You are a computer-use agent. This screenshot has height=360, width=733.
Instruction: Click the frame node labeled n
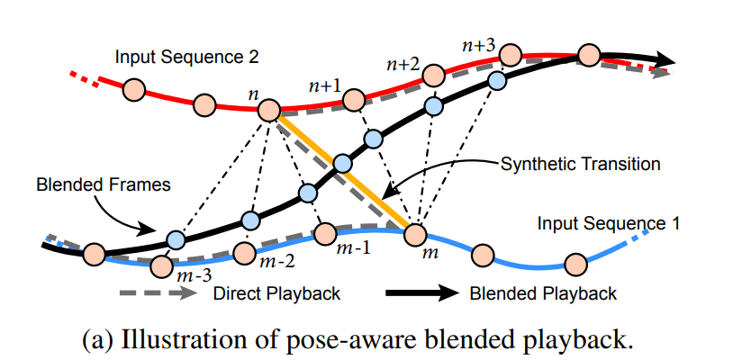pyautogui.click(x=269, y=111)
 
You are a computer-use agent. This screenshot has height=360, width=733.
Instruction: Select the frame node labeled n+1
pyautogui.click(x=354, y=98)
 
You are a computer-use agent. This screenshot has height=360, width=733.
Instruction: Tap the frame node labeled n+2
pyautogui.click(x=433, y=74)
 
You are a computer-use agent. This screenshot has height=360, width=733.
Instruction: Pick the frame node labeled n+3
pyautogui.click(x=510, y=52)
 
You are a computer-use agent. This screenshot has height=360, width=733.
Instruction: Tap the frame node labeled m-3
pyautogui.click(x=162, y=266)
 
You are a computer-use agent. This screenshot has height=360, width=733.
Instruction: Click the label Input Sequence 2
pyautogui.click(x=187, y=57)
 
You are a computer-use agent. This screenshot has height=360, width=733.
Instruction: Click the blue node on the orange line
pyautogui.click(x=342, y=165)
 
